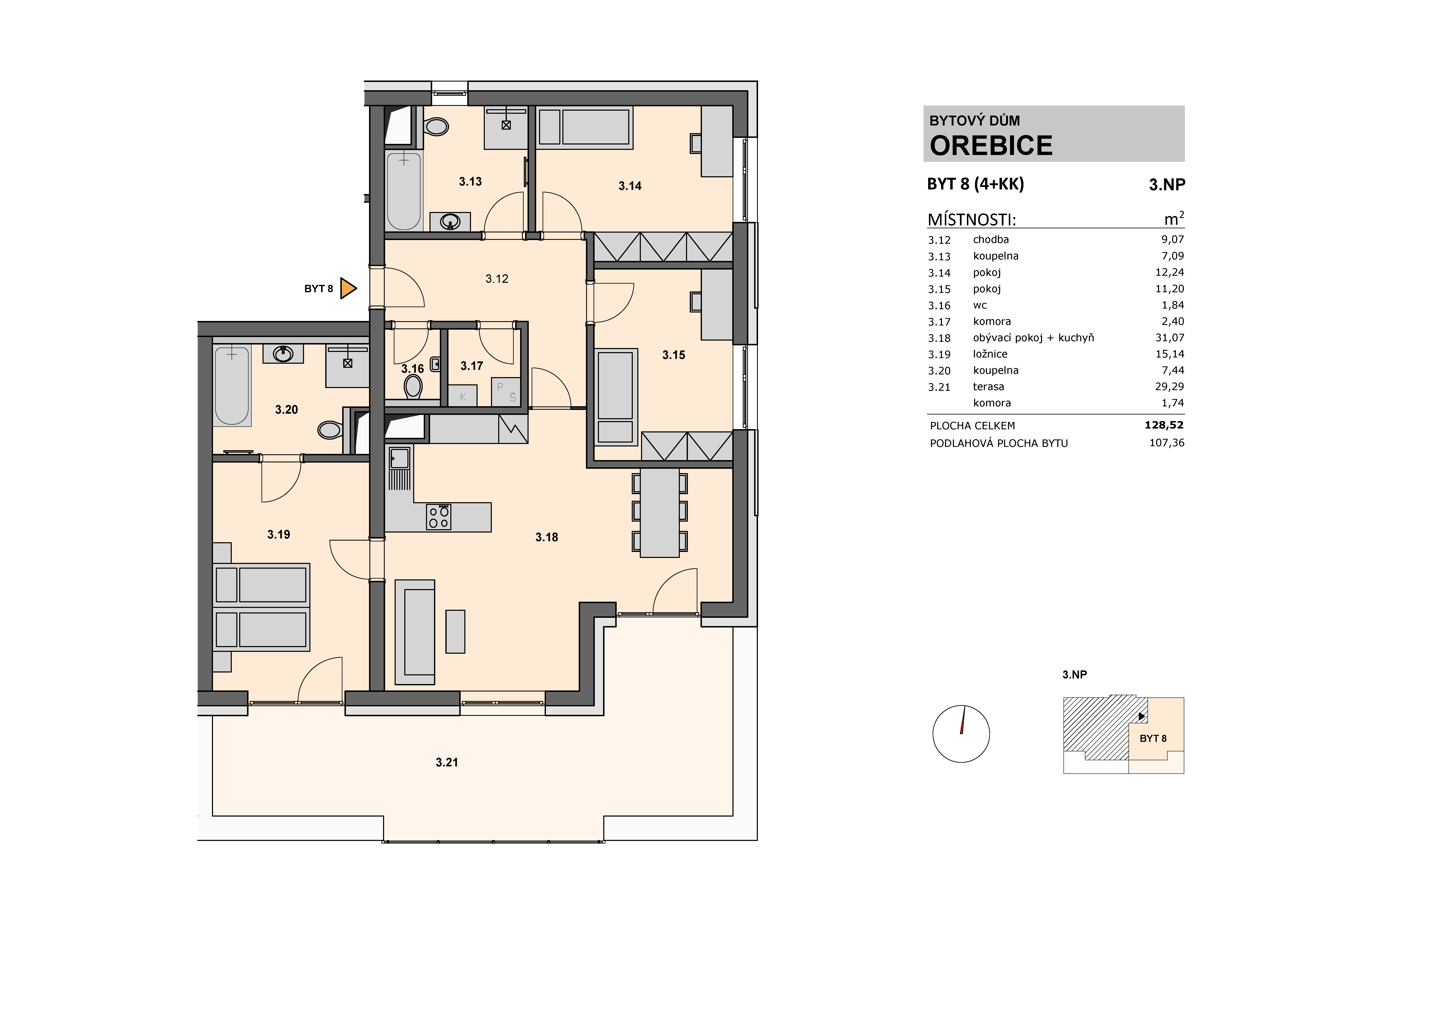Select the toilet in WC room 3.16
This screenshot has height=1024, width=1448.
413,386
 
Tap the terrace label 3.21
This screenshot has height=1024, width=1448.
446,762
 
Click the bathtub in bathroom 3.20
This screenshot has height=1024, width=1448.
232,385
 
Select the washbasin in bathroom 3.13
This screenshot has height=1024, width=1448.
450,221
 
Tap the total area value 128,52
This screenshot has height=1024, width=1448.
1164,425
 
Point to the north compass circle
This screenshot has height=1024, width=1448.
961,734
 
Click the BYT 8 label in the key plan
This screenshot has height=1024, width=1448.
1153,738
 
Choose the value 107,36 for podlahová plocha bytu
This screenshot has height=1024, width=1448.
1167,443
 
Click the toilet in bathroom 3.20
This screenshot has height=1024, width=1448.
329,430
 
